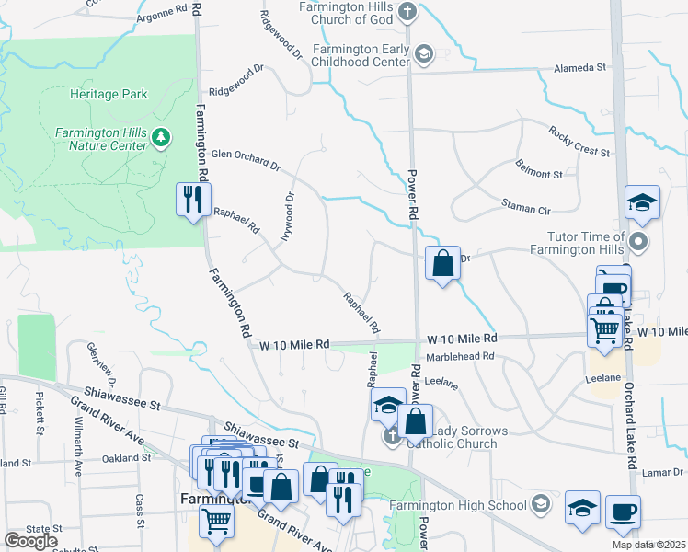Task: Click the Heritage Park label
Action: [108, 94]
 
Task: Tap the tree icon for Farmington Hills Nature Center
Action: [163, 138]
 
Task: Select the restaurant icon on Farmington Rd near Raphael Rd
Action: [193, 199]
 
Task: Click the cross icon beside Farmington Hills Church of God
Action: [408, 13]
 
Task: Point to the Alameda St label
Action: [579, 68]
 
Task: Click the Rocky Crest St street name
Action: [579, 142]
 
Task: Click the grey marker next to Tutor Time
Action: [640, 244]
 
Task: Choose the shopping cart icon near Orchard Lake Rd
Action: [603, 328]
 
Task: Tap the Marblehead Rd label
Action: [460, 356]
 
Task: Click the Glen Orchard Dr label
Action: [245, 160]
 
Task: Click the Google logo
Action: [30, 541]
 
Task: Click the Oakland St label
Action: [125, 457]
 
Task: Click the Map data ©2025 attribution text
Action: [648, 545]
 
